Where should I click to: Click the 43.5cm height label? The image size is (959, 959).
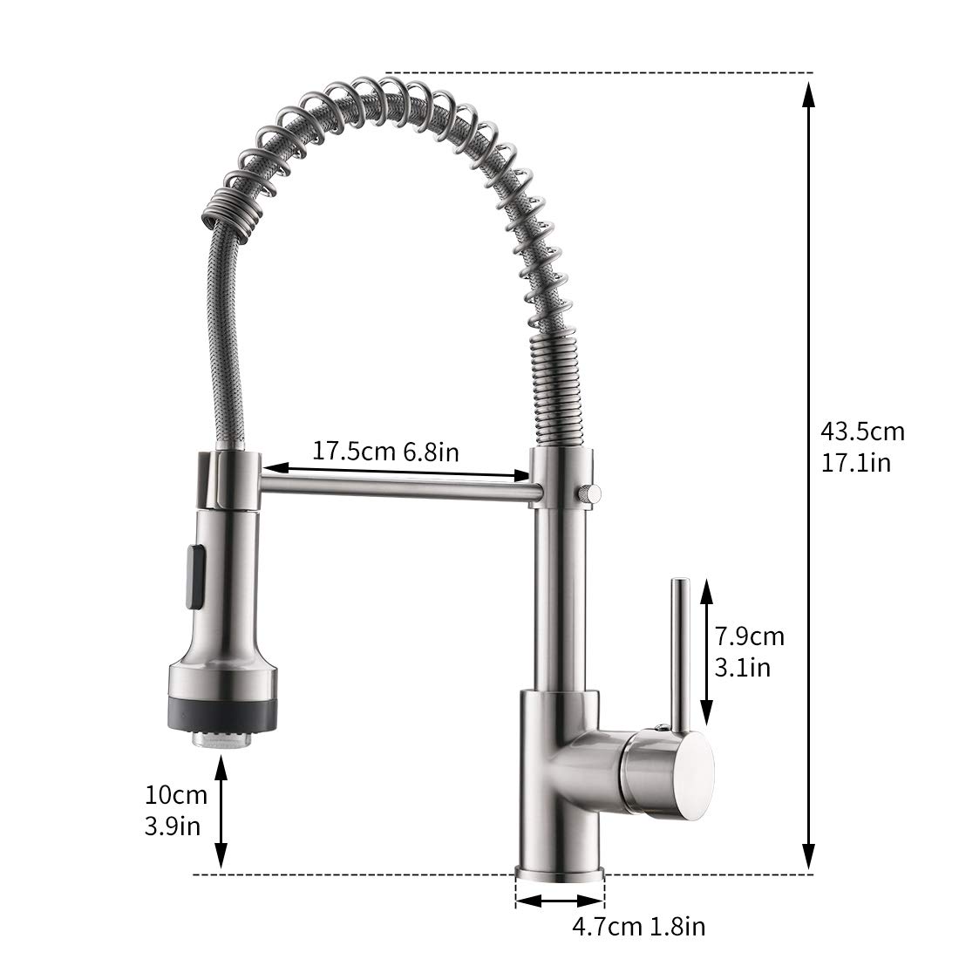coord(862,431)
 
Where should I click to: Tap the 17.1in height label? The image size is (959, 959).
coord(855,462)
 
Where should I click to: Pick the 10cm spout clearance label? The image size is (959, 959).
coord(177,794)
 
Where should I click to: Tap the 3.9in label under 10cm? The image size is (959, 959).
coord(173,825)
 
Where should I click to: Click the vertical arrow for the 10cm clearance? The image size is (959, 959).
coord(222,811)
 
